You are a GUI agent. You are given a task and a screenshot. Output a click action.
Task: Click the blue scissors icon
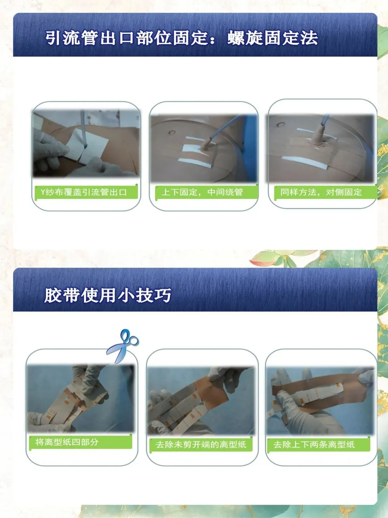(x=123, y=346)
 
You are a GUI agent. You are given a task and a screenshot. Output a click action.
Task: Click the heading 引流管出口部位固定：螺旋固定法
(x=182, y=38)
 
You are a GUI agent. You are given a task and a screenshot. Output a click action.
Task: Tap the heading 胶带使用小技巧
(x=108, y=295)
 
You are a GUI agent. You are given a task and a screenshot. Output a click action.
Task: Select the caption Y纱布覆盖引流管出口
(x=84, y=192)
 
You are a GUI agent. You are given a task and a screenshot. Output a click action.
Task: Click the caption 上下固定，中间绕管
(x=202, y=192)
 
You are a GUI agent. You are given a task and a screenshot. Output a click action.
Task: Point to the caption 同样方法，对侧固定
(x=321, y=192)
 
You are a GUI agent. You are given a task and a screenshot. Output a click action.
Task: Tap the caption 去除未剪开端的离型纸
(x=201, y=445)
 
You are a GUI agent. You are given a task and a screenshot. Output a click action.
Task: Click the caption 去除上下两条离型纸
(x=314, y=445)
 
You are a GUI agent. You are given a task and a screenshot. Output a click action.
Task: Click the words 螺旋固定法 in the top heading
(x=273, y=38)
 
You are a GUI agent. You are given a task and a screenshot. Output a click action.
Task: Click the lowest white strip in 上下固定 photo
(x=195, y=163)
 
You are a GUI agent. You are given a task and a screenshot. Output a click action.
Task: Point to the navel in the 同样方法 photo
(x=281, y=124)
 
